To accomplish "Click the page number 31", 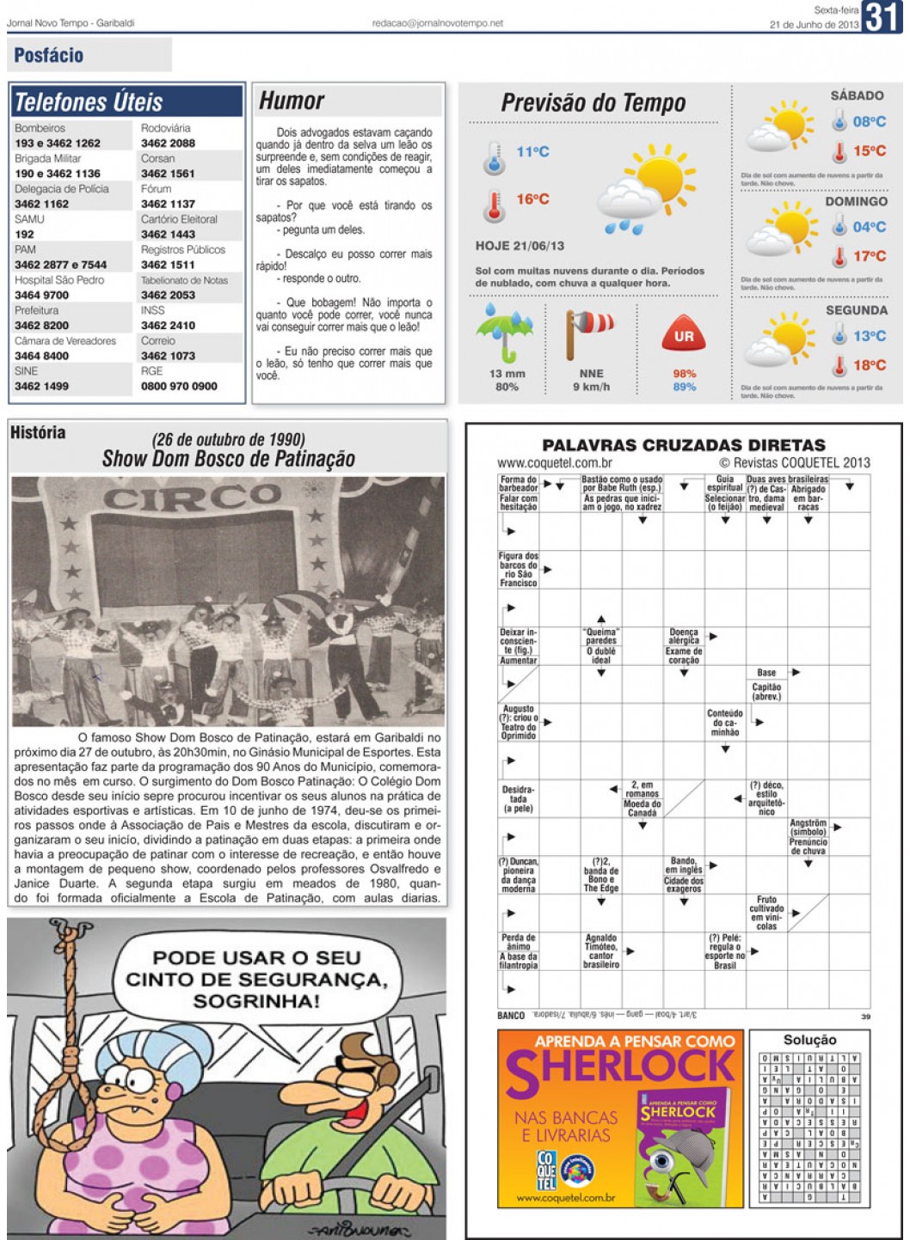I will pyautogui.click(x=882, y=16).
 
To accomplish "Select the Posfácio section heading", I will pyautogui.click(x=49, y=56).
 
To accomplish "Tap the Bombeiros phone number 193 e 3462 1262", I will pyautogui.click(x=58, y=144).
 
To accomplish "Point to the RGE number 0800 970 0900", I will pyautogui.click(x=179, y=387).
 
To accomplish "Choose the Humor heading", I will pyautogui.click(x=292, y=101).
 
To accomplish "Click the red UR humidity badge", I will pyautogui.click(x=684, y=336).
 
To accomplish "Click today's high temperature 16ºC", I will pyautogui.click(x=532, y=199).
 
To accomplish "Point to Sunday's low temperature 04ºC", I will pyautogui.click(x=869, y=227).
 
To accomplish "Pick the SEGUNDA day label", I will pyautogui.click(x=856, y=310).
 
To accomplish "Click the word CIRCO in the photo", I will pyautogui.click(x=192, y=498).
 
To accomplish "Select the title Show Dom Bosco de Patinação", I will pyautogui.click(x=228, y=459).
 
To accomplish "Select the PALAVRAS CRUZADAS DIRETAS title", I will pyautogui.click(x=683, y=445).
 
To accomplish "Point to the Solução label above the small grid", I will pyautogui.click(x=809, y=1040).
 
